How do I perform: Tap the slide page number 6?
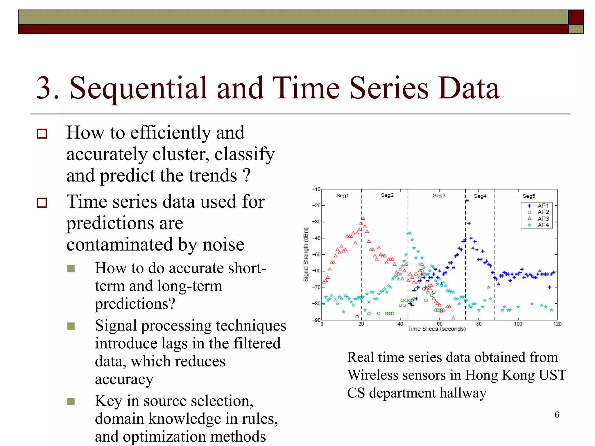coord(557,415)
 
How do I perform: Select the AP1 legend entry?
coord(543,206)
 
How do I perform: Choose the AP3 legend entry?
coord(543,219)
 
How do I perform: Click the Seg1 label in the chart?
coord(342,196)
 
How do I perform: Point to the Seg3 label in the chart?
coord(439,196)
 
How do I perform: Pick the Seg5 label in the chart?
coord(528,196)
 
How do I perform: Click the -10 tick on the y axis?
coord(316,189)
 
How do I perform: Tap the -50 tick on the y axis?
coord(316,255)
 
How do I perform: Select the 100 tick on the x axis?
coord(518,324)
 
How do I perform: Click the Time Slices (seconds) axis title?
coord(436,329)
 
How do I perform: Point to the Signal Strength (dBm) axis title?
coord(306,254)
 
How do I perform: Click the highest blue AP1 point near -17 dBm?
coord(467,201)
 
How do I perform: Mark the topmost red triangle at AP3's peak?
coord(363,218)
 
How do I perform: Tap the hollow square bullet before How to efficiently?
coord(42,134)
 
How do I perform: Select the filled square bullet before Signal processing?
coord(71,326)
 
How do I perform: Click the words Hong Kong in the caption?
coord(500,375)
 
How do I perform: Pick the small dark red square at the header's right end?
coord(576,17)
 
